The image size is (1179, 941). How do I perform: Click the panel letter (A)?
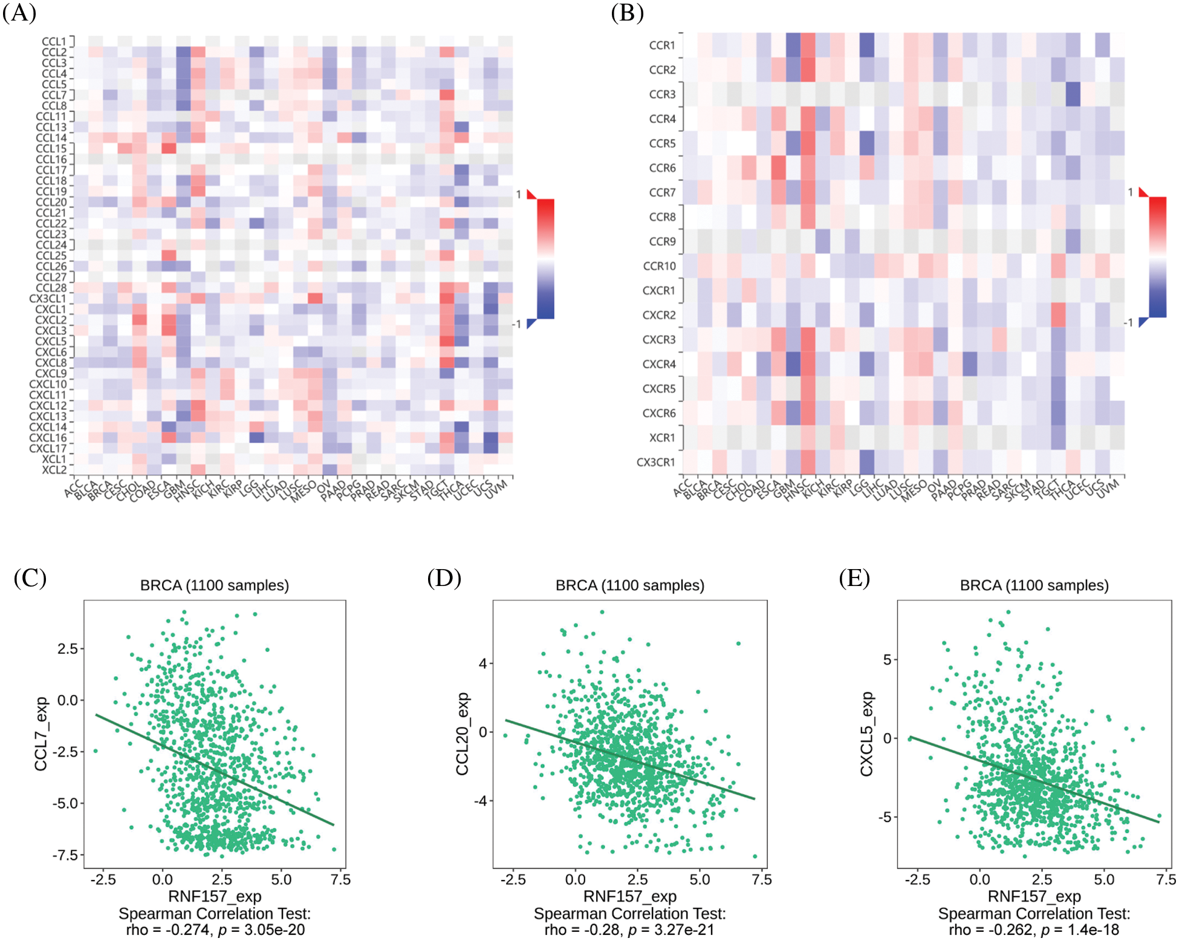tap(19, 13)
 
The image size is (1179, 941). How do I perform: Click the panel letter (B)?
tap(627, 13)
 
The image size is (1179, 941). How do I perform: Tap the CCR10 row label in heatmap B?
tap(659, 266)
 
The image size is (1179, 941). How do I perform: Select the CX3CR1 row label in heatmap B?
tap(655, 462)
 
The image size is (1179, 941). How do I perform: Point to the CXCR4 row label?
tap(659, 364)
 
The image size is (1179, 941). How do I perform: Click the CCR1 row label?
tap(662, 45)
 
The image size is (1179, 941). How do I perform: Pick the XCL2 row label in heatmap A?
tap(54, 470)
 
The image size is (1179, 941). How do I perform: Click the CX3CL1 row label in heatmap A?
tap(48, 299)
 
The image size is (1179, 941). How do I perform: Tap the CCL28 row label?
tap(51, 288)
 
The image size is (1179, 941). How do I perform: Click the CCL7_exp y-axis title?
tap(41, 734)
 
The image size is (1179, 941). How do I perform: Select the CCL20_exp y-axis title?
tap(463, 734)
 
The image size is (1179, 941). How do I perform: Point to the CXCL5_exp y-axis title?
tap(867, 734)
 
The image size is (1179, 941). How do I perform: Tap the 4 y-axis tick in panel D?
tap(482, 663)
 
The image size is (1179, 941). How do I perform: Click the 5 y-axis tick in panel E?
tap(887, 660)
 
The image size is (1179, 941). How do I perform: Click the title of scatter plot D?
tap(630, 585)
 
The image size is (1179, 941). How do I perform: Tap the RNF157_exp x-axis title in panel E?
tap(1034, 896)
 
